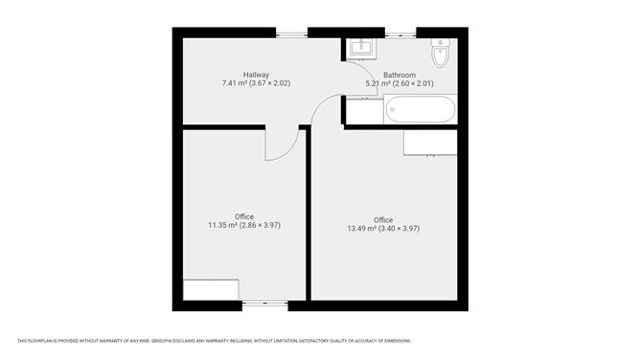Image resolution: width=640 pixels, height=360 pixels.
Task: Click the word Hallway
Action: (x=256, y=75)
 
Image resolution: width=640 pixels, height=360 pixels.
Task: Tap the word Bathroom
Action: (x=400, y=75)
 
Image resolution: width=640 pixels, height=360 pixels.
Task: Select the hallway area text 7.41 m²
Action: (x=234, y=83)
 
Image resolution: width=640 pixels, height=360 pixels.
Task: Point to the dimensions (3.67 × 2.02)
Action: (x=269, y=83)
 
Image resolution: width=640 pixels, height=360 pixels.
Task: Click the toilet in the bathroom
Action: (x=440, y=54)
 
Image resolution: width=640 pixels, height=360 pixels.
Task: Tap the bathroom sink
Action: (x=361, y=48)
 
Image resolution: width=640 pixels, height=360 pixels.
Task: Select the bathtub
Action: (x=420, y=110)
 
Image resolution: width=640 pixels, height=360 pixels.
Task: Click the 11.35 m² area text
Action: (x=222, y=225)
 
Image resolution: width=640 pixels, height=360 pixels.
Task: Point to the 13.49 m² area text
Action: (x=361, y=229)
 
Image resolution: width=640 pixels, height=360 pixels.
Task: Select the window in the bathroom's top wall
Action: (x=400, y=34)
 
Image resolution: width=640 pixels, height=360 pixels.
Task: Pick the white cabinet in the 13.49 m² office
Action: (x=429, y=142)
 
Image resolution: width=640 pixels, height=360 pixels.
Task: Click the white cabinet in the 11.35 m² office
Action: (x=211, y=290)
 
